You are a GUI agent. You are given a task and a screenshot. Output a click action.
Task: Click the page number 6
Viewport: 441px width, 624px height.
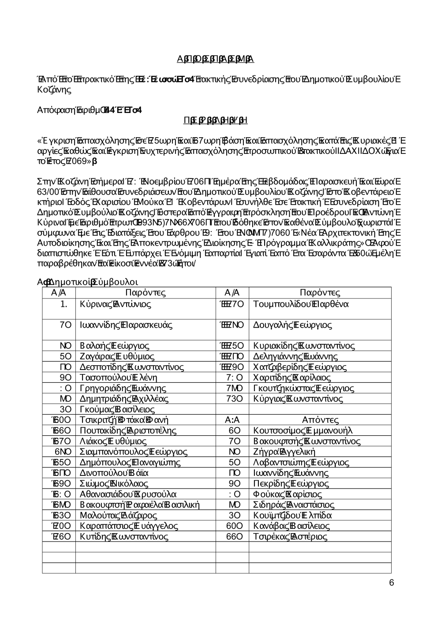pos(392,583)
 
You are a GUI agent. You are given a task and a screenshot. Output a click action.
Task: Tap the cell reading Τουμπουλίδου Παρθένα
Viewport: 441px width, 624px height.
pos(301,304)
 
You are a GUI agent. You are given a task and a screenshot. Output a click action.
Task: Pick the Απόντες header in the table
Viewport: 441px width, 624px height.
pos(320,420)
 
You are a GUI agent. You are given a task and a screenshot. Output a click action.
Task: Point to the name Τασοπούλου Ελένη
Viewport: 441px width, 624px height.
pos(118,377)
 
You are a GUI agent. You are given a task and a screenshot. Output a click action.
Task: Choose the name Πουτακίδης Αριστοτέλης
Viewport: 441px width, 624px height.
pos(128,431)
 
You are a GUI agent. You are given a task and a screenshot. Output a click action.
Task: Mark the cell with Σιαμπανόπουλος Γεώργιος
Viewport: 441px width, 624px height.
pos(133,452)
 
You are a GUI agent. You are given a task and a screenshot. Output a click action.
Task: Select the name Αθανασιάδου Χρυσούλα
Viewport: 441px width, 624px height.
pos(128,494)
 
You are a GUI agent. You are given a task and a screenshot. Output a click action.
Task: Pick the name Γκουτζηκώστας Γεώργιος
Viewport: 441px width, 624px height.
pos(303,389)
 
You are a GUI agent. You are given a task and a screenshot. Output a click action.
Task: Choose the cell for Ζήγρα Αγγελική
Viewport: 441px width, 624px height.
pos(284,452)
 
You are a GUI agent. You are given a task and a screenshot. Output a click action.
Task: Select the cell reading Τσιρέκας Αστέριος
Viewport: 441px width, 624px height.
pos(290,537)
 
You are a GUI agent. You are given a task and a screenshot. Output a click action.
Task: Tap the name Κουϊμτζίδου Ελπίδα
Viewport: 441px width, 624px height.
pos(292,516)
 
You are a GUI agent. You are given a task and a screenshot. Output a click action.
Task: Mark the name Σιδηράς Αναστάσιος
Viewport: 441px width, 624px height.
pos(294,505)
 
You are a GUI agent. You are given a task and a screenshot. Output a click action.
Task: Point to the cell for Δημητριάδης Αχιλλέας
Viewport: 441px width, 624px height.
pos(124,399)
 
